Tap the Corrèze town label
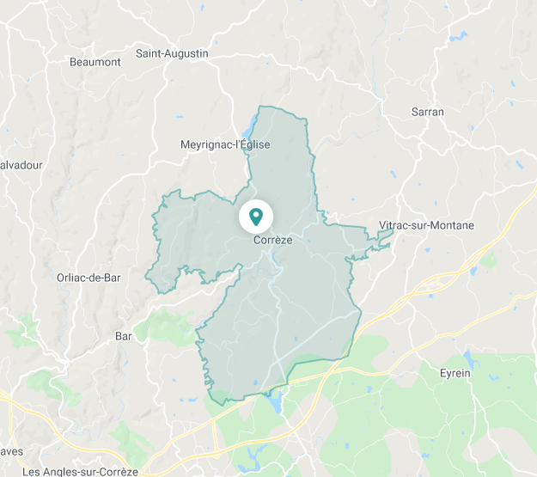(x=272, y=241)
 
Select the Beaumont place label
(x=95, y=62)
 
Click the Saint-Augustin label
(x=172, y=53)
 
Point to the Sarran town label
(x=428, y=112)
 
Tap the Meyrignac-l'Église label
(x=225, y=144)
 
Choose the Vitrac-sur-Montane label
(x=426, y=225)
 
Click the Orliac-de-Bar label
(x=88, y=277)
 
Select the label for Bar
(x=124, y=336)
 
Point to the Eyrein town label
(x=455, y=372)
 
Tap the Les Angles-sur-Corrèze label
(x=80, y=471)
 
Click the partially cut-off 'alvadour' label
(x=21, y=165)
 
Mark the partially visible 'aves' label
(x=11, y=450)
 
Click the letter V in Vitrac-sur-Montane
(x=382, y=225)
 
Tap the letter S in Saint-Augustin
(x=139, y=53)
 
